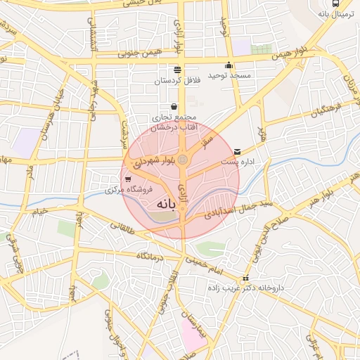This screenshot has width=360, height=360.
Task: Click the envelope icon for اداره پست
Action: tap(237, 150)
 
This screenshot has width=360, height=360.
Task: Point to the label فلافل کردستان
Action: tap(178, 81)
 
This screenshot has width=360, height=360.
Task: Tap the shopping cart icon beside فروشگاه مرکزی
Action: tap(127, 179)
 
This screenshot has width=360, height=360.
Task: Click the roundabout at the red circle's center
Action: tap(182, 161)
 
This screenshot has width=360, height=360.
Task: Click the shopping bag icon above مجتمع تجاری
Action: tap(174, 106)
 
